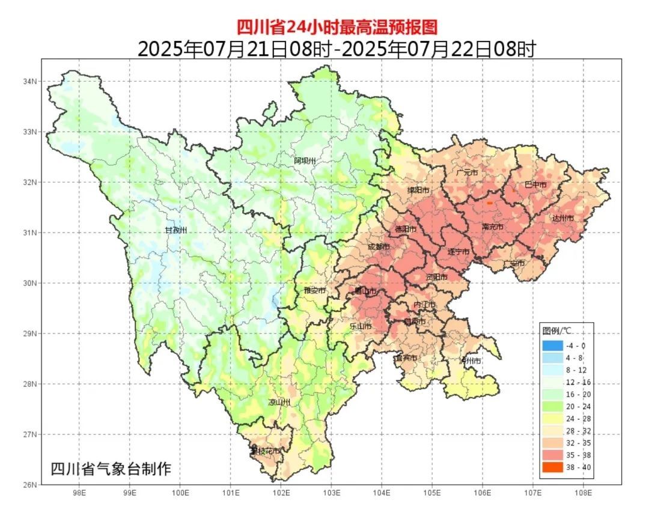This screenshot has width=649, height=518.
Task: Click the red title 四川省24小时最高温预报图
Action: [x=336, y=27]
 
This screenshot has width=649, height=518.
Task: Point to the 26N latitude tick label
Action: [x=30, y=484]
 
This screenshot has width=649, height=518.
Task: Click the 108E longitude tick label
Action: [x=583, y=493]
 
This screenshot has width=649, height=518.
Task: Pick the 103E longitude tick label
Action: [x=331, y=493]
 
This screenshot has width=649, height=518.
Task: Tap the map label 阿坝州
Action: [x=305, y=160]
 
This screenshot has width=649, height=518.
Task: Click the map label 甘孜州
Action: [x=176, y=230]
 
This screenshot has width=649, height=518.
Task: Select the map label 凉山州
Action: [x=279, y=402]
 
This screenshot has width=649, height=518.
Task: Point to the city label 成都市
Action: [x=378, y=247]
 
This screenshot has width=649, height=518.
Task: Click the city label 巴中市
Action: [x=535, y=184]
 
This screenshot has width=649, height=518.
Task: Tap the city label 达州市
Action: [x=563, y=218]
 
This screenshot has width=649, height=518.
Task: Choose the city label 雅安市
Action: [x=314, y=290]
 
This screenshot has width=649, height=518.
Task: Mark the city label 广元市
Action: [x=467, y=172]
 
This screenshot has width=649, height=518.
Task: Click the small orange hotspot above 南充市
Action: [x=490, y=203]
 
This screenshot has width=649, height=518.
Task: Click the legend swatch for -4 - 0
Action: [x=552, y=346]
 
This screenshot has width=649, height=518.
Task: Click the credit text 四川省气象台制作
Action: [x=111, y=469]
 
